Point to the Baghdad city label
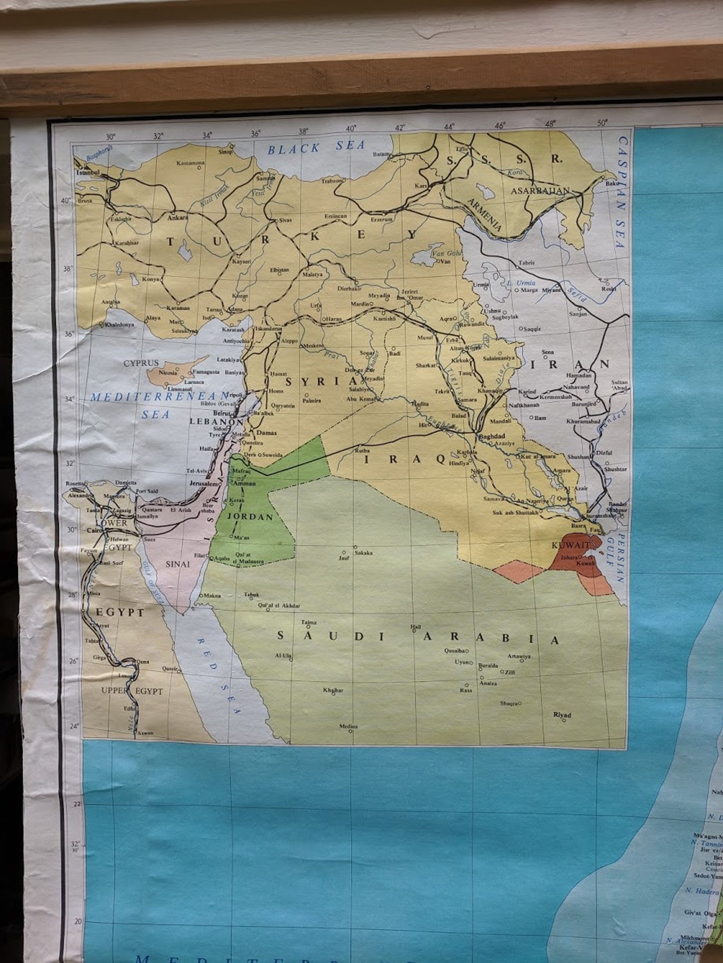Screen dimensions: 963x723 pos(492,436)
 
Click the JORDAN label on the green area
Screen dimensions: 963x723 pos(250,517)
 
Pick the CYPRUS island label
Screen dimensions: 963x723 pos(141,363)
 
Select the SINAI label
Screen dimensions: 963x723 pos(177,565)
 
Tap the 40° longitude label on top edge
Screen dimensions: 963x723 pos(351,128)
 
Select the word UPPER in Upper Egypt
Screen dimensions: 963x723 pos(115,691)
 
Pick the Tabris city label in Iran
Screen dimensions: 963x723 pos(526,263)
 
